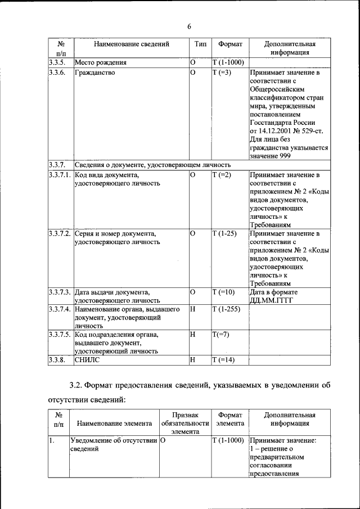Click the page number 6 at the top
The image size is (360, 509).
pyautogui.click(x=190, y=26)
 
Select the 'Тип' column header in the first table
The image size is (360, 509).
pyautogui.click(x=200, y=44)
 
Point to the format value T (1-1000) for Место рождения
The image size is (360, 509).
pyautogui.click(x=228, y=62)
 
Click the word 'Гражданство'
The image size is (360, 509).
pyautogui.click(x=94, y=73)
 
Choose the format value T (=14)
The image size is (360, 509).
pyautogui.click(x=223, y=360)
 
